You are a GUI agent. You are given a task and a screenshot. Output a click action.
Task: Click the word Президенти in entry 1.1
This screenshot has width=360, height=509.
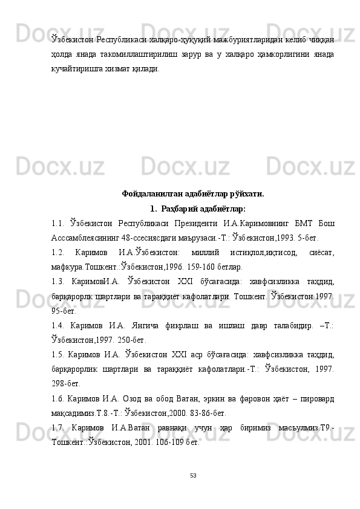195,223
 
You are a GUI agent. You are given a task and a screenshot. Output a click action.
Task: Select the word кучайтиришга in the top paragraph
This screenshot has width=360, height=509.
75,69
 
